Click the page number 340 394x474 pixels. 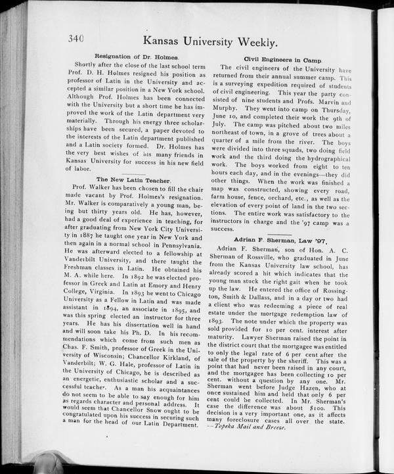(76, 39)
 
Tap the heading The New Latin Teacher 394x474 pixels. (134, 179)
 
